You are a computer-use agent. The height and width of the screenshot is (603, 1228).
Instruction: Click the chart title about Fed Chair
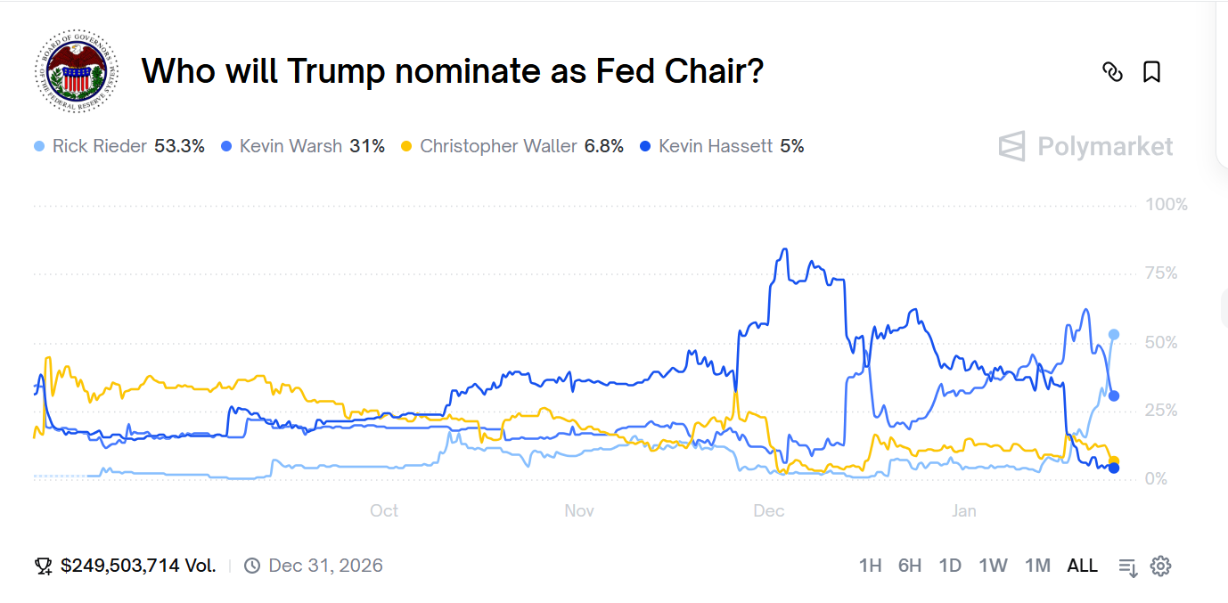click(453, 71)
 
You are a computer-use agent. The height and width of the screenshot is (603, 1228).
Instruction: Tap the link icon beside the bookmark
click(1112, 72)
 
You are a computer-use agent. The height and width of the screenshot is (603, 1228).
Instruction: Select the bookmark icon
click(1151, 72)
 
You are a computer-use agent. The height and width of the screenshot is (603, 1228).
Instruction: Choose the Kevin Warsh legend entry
click(303, 146)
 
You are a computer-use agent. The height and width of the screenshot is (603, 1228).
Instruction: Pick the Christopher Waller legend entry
click(512, 146)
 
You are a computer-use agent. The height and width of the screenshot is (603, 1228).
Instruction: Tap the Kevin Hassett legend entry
click(722, 146)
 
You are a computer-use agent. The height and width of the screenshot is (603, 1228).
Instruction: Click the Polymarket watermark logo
click(1085, 146)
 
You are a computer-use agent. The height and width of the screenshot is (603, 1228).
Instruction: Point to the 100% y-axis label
click(1167, 205)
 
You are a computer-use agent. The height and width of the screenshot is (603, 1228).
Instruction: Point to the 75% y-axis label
click(1161, 273)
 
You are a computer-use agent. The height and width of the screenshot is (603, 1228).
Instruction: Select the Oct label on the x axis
click(384, 510)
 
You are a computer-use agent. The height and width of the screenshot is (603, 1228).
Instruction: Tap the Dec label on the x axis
click(769, 510)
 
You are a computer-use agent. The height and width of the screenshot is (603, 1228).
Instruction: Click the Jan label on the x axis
click(963, 510)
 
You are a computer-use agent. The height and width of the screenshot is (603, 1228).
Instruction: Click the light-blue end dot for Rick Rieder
click(1113, 335)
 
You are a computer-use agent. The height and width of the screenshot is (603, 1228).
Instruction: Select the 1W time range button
click(993, 566)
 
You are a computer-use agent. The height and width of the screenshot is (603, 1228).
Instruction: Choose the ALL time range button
click(1082, 566)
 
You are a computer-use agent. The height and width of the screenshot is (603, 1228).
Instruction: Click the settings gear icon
click(1160, 566)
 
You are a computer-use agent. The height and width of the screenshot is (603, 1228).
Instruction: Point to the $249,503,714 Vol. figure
click(138, 566)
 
